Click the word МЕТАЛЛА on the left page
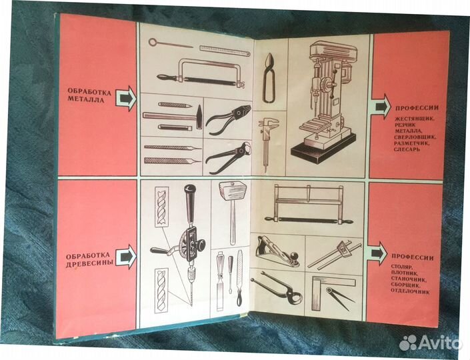click(x=86, y=100)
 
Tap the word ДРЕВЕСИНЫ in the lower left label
click(x=89, y=263)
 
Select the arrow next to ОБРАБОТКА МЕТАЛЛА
click(x=125, y=98)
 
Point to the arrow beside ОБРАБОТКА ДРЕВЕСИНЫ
click(x=125, y=257)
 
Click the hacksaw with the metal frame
click(x=200, y=74)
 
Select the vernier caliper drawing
click(x=268, y=141)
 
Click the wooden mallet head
click(x=233, y=192)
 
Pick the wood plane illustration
click(x=277, y=251)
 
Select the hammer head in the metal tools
click(x=199, y=117)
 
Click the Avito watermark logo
click(x=431, y=343)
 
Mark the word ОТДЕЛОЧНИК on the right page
click(x=411, y=291)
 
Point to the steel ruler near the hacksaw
click(x=225, y=51)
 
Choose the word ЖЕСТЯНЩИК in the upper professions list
click(x=415, y=119)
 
